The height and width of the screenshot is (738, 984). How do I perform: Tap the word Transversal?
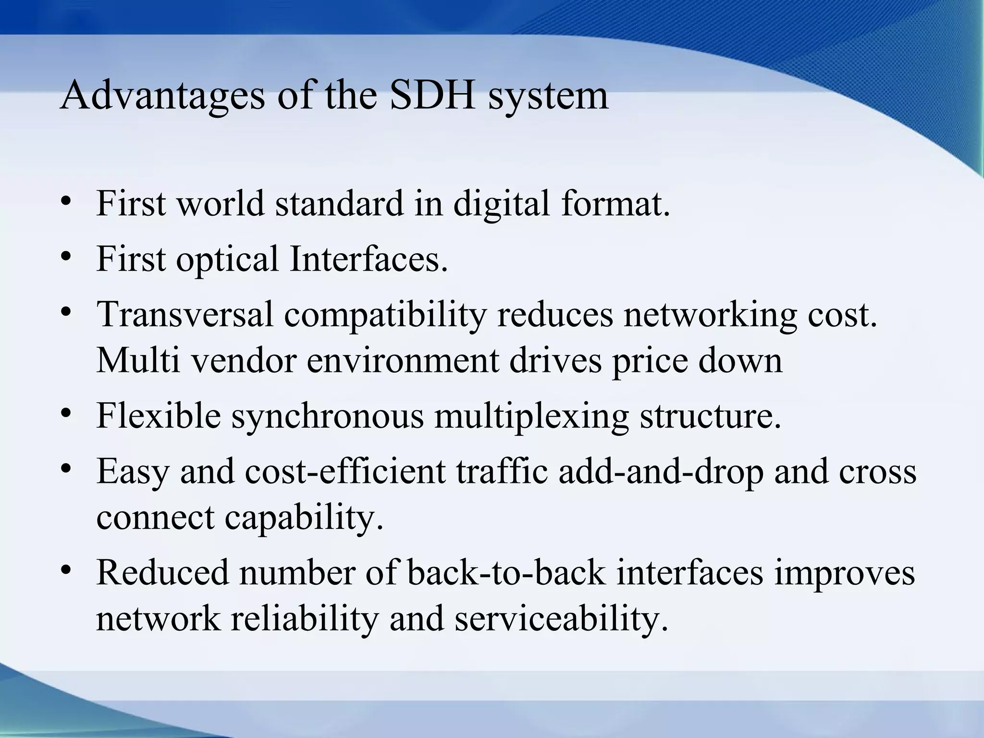(x=185, y=314)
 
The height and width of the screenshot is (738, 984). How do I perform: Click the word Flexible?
(x=159, y=415)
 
